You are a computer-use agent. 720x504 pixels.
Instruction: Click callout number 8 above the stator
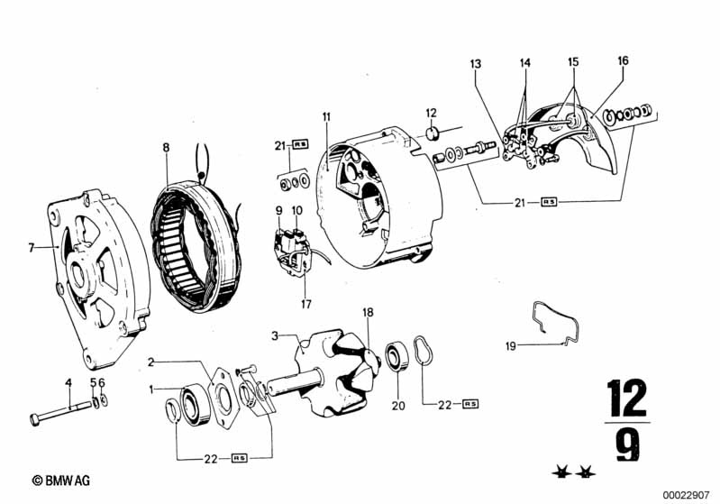[166, 148]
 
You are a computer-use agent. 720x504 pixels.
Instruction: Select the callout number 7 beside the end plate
[32, 248]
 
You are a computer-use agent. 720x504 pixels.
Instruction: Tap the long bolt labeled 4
[62, 413]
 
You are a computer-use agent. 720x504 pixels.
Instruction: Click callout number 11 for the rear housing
[326, 116]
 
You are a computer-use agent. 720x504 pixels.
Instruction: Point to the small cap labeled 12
[433, 134]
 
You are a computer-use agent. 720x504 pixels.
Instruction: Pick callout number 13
[475, 63]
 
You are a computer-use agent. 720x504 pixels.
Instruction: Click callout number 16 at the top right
[623, 60]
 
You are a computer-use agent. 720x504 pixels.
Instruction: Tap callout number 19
[511, 346]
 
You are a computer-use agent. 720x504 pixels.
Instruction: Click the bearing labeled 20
[397, 356]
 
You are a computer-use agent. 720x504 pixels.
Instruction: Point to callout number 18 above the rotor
[368, 313]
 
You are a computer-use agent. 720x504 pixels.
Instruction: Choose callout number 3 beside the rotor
[275, 335]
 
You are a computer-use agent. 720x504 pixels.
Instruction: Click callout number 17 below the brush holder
[306, 304]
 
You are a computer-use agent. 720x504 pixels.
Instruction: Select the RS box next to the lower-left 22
[240, 458]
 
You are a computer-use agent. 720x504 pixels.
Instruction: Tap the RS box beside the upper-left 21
[300, 144]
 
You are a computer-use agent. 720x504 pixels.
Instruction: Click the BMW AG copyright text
[61, 481]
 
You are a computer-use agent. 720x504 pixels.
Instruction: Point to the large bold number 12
[626, 398]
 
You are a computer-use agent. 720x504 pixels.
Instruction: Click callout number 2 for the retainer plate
[151, 362]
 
